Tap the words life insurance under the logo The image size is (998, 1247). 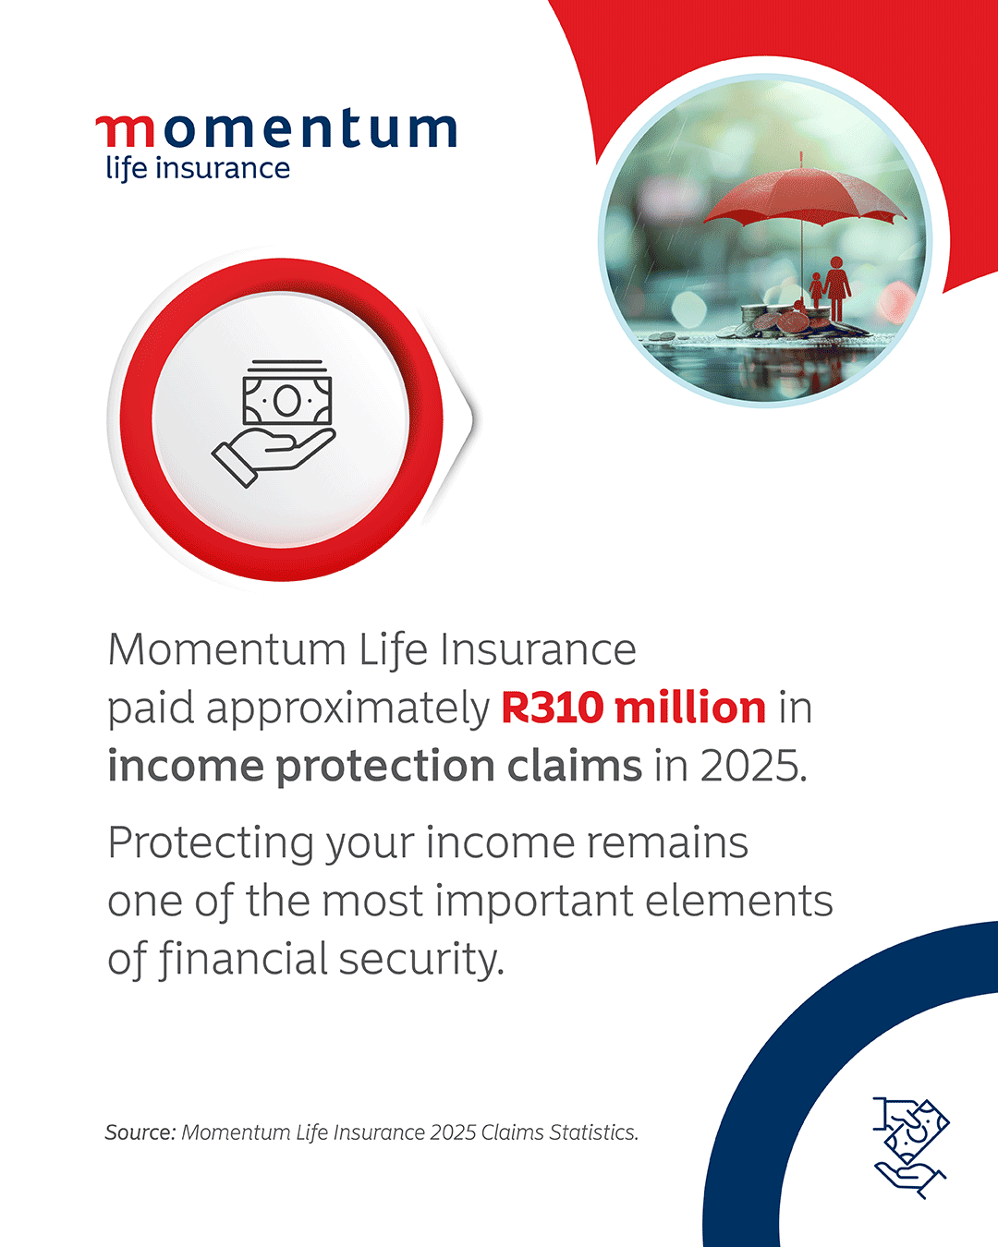point(198,169)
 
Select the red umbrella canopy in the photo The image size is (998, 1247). point(804,194)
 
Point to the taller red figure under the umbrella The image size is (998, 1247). point(836,288)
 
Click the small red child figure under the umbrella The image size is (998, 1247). point(816,290)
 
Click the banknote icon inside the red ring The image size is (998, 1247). point(287,393)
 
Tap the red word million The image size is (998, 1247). point(690,708)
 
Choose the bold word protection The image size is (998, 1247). point(384,767)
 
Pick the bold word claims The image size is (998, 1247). point(575,766)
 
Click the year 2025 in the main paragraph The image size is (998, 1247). point(753,767)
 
